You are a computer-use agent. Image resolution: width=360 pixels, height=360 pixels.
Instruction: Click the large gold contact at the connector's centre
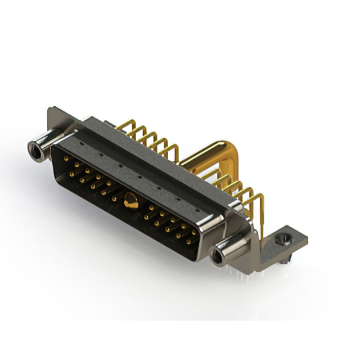130,201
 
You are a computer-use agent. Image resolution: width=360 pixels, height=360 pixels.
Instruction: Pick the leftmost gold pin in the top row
66,159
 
